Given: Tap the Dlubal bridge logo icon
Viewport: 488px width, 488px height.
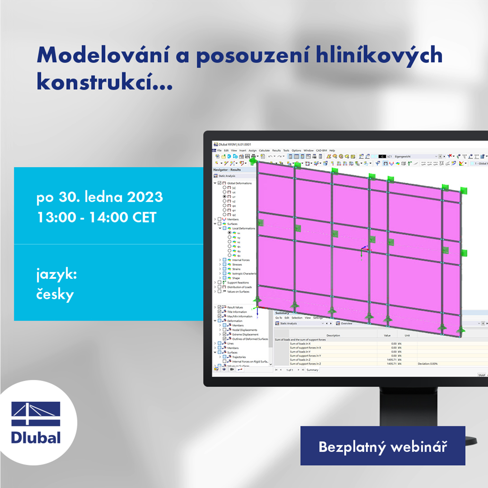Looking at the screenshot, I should (36, 413).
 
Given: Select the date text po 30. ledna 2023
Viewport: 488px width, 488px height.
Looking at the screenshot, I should (100, 197).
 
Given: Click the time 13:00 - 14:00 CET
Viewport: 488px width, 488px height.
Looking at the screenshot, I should (96, 217).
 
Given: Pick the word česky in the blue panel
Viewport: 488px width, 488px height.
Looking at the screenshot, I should (55, 295).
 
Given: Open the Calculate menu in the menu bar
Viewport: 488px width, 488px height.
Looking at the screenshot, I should (264, 151).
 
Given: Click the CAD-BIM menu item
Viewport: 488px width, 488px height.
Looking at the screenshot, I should (321, 151).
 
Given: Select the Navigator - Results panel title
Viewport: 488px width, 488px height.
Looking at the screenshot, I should (227, 170).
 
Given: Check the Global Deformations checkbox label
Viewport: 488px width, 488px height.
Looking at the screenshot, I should (239, 183).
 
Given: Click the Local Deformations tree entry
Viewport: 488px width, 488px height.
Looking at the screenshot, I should (244, 228).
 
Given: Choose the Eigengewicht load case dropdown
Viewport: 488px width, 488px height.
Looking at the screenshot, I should (414, 156).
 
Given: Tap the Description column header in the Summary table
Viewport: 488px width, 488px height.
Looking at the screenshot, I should (333, 335).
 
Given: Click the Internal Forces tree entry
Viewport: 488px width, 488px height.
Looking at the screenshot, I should (241, 260).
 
